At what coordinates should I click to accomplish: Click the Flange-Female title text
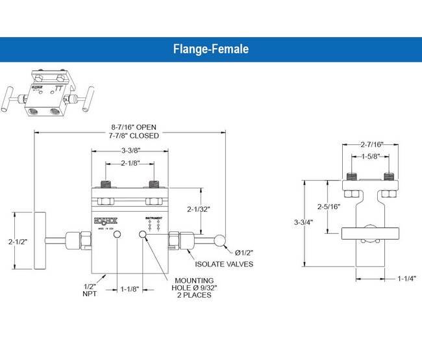[211, 49]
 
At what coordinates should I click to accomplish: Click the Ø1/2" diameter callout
[245, 252]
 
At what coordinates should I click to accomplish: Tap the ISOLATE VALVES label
[224, 264]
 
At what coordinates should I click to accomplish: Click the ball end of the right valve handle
[223, 241]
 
